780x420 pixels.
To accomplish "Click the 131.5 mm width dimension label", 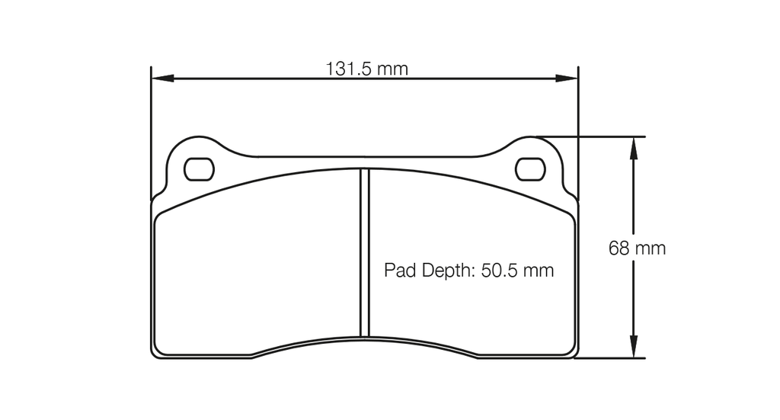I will pyautogui.click(x=367, y=69).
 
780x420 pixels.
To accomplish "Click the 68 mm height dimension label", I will pyautogui.click(x=637, y=248).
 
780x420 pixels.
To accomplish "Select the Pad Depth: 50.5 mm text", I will pyautogui.click(x=468, y=271).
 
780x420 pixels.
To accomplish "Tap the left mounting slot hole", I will pyautogui.click(x=200, y=168).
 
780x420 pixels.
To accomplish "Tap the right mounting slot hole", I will pyautogui.click(x=530, y=168).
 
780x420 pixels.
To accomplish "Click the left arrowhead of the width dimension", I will pyautogui.click(x=162, y=78).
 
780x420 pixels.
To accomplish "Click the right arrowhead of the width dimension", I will pyautogui.click(x=567, y=78).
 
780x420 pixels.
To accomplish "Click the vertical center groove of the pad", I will pyautogui.click(x=364, y=252).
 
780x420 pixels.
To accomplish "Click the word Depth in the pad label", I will pyautogui.click(x=445, y=271).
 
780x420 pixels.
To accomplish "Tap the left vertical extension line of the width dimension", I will pyautogui.click(x=151, y=130).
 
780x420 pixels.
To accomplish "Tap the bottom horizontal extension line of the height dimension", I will pyautogui.click(x=609, y=357).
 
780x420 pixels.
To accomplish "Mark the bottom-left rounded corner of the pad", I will pyautogui.click(x=158, y=351).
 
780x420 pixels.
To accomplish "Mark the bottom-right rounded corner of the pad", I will pyautogui.click(x=572, y=351).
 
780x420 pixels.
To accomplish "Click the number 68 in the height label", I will pyautogui.click(x=618, y=248).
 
